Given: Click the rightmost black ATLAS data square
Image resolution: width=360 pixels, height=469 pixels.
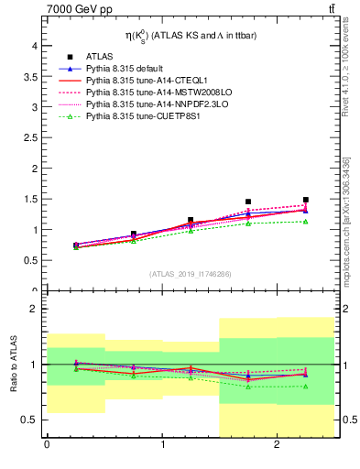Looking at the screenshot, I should (306, 200).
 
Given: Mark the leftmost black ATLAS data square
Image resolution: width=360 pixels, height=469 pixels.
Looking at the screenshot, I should (76, 245).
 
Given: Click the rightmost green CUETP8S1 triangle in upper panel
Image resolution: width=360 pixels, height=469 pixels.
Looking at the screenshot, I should (306, 221).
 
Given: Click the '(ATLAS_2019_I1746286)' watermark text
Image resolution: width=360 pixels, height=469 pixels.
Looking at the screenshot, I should (191, 274).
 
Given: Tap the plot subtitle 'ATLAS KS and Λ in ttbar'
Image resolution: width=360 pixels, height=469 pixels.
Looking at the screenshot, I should (191, 36).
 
